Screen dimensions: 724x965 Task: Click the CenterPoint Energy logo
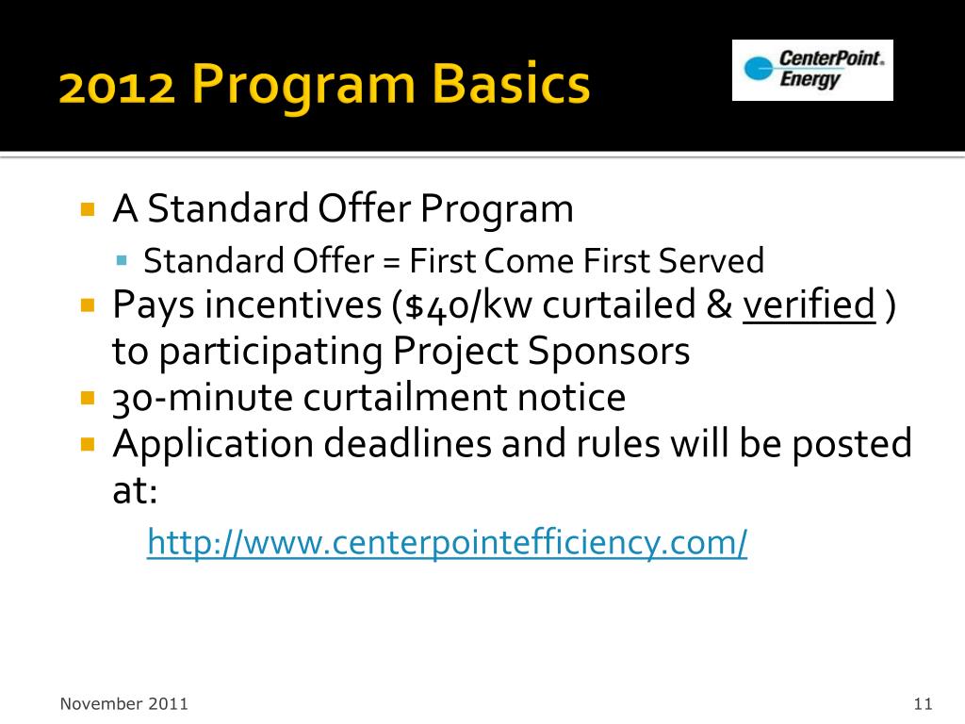tap(812, 70)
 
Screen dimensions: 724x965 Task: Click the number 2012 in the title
tap(116, 87)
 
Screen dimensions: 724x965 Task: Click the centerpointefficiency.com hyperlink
tap(447, 543)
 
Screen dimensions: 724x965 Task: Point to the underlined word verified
tap(809, 306)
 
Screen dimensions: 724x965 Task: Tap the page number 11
tap(922, 703)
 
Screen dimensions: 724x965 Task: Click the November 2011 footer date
tap(123, 703)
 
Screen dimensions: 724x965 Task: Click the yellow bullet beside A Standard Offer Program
tap(89, 208)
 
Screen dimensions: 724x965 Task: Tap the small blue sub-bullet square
tap(122, 258)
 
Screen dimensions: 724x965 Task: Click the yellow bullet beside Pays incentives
tap(89, 305)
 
